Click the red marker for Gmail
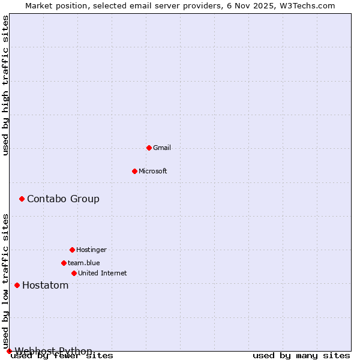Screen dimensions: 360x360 pos(149,148)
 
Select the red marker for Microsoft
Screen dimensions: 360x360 pos(134,171)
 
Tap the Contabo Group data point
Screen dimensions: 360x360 pos(22,199)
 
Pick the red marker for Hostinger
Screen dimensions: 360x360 pos(72,250)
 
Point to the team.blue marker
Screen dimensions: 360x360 pos(64,263)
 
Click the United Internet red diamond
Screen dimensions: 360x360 pos(74,273)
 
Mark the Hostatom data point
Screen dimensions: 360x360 pos(17,285)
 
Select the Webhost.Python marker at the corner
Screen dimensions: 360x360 pos(9,351)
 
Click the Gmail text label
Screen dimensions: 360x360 pos(162,148)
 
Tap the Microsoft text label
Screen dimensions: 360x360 pos(153,171)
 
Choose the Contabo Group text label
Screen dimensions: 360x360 pos(63,199)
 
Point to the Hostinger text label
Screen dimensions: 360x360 pos(91,250)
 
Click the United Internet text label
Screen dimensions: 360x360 pos(102,273)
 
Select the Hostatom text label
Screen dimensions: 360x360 pos(45,285)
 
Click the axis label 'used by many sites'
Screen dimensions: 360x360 pos(301,356)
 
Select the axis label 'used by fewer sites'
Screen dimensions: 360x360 pos(62,356)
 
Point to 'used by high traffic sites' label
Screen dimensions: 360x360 pos(5,85)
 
